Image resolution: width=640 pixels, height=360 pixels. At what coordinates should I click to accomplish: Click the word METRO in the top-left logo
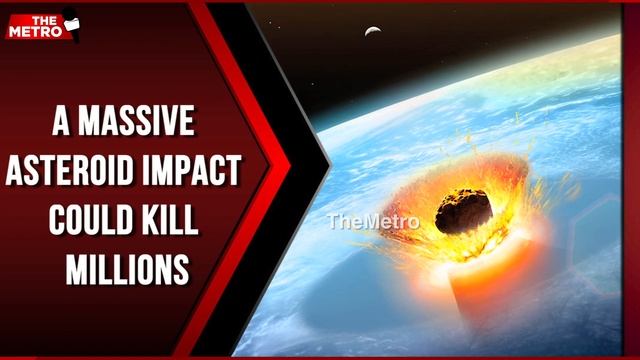41,30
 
